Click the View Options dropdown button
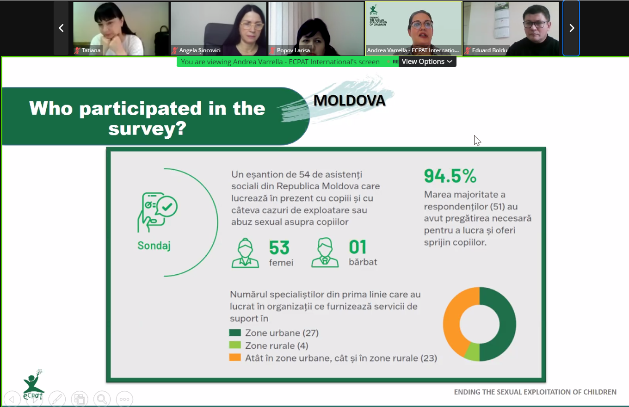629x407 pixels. [427, 62]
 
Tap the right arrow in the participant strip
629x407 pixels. [572, 28]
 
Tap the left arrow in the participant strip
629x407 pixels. [61, 28]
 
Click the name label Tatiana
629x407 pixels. [91, 50]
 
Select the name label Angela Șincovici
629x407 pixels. [200, 50]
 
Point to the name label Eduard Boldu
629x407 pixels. [489, 50]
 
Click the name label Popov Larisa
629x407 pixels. [293, 50]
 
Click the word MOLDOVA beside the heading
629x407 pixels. [349, 100]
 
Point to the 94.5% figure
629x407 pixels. [450, 176]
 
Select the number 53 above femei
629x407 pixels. [279, 247]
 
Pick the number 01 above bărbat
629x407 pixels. [358, 247]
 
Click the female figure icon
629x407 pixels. [245, 253]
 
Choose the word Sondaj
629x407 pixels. [154, 246]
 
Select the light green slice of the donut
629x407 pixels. [472, 351]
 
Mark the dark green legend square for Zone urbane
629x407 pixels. [235, 333]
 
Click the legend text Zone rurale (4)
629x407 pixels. [277, 345]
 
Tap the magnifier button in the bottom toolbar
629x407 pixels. [102, 399]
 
